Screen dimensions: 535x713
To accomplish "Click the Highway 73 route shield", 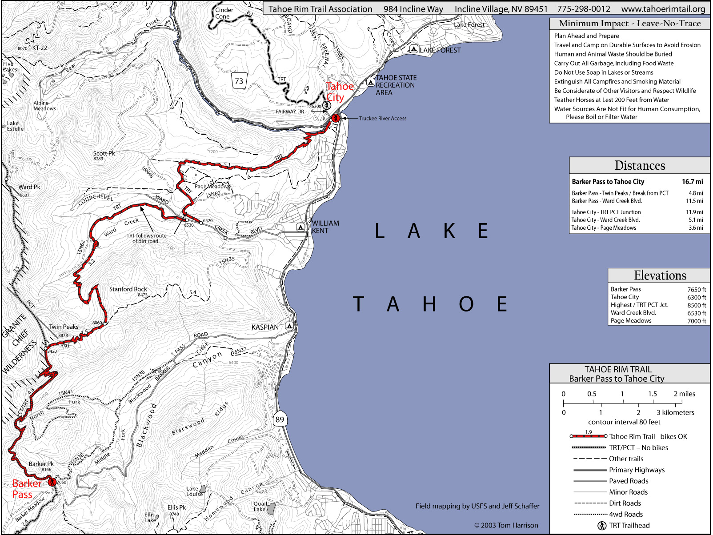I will click(x=239, y=81).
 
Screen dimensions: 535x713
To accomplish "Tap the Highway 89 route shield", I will click(x=280, y=419).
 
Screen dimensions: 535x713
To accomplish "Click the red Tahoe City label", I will click(x=339, y=92).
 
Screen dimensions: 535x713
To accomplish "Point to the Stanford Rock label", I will click(x=128, y=289).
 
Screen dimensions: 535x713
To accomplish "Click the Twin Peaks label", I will click(x=64, y=327).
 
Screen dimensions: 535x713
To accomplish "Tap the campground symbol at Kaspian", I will click(x=290, y=326).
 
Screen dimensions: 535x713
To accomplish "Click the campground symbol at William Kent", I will click(x=300, y=227).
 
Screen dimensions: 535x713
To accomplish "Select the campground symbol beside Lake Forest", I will click(x=413, y=49).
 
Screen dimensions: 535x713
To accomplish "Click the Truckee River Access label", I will click(x=382, y=119).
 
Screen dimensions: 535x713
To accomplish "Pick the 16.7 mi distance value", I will click(x=692, y=182).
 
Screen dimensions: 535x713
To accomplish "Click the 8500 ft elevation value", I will click(x=697, y=305).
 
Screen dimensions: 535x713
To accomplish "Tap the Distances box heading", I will click(x=639, y=166).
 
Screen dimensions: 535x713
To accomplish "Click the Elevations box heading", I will click(x=660, y=275).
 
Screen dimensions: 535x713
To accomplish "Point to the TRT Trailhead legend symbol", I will click(x=602, y=526).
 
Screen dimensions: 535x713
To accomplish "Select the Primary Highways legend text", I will click(x=637, y=470).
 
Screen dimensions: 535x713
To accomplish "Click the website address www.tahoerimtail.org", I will click(x=663, y=9).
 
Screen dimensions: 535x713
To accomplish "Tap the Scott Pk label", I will click(x=104, y=153).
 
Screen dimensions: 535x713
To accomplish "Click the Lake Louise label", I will click(x=194, y=491).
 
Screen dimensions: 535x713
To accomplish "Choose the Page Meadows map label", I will click(x=212, y=187).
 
